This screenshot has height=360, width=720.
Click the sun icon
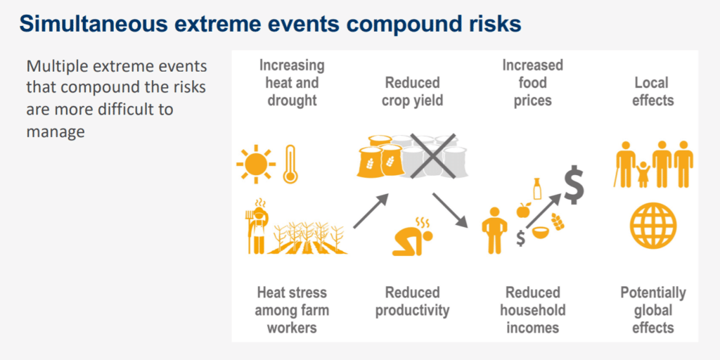[x=256, y=164]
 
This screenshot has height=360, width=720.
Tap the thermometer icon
[x=290, y=165]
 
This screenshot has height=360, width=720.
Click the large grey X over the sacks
[x=432, y=156]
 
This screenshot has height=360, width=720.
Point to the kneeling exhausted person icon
[x=412, y=236]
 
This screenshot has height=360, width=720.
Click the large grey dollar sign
[x=574, y=185]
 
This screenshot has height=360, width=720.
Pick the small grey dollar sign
[x=520, y=238]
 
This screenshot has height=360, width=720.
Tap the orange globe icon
[x=653, y=226]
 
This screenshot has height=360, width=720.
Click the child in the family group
[x=643, y=174]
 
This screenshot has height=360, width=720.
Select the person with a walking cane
[x=624, y=164]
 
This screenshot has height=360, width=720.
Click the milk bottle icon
[x=536, y=188]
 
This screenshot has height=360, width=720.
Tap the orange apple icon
[x=523, y=210]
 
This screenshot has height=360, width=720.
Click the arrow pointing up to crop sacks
[x=371, y=211]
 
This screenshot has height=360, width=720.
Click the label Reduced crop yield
[x=412, y=92]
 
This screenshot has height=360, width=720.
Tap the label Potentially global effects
[x=653, y=310]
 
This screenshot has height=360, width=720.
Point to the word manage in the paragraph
[x=56, y=131]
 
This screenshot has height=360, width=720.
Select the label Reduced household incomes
[x=533, y=310]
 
